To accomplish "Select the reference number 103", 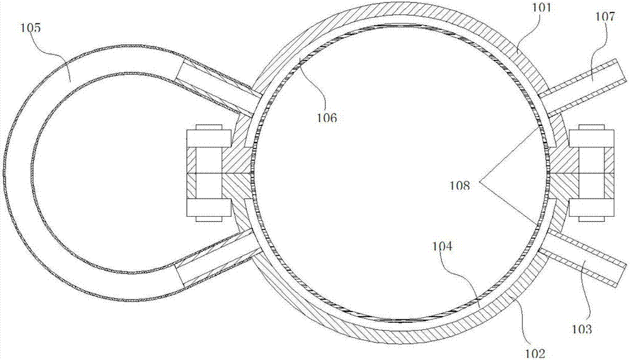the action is (x=582, y=329).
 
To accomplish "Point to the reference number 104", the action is (x=442, y=246).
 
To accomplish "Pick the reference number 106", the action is (x=326, y=118).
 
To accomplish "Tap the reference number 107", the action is (x=605, y=16).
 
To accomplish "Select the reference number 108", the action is (x=459, y=185).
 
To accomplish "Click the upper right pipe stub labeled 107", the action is (x=583, y=86).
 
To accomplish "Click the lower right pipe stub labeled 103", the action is (x=583, y=258).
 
